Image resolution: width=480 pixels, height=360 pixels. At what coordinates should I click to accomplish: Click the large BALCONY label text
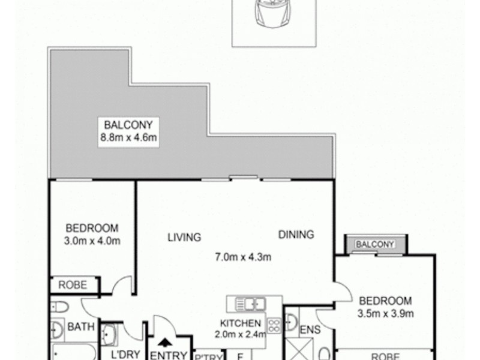pos(130,125)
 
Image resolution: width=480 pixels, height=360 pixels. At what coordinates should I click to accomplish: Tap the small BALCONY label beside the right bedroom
pos(375,244)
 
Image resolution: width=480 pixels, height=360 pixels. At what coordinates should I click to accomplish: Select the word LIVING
pos(184,237)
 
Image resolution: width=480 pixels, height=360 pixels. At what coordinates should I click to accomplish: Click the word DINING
pos(296,235)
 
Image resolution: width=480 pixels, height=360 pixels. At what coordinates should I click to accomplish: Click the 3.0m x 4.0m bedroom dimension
pos(92,241)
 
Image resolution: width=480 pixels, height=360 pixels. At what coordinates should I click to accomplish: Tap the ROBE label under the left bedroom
pos(72,286)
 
